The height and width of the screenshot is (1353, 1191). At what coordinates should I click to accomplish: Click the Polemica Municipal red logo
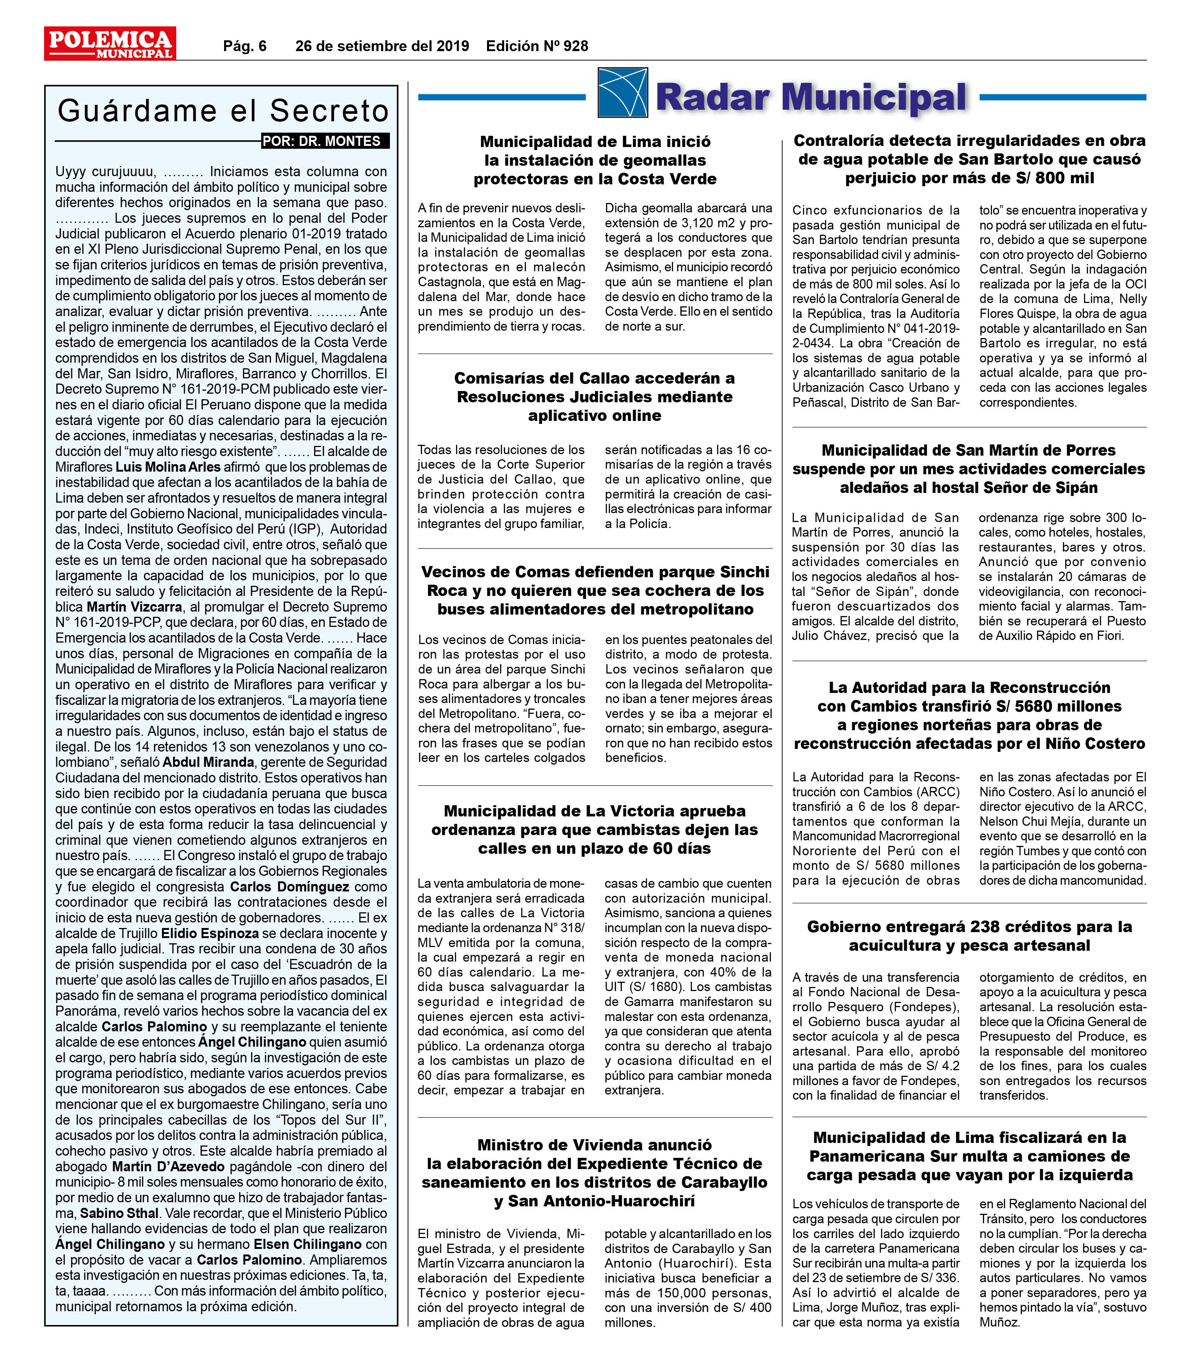[x=110, y=44]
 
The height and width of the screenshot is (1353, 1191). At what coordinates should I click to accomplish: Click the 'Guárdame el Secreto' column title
[x=223, y=111]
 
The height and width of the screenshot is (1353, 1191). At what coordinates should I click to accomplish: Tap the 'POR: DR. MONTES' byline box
[x=325, y=141]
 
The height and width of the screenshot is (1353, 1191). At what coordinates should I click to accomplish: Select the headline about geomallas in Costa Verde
[x=595, y=160]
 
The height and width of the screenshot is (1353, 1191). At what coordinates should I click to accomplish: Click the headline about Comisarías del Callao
[x=595, y=397]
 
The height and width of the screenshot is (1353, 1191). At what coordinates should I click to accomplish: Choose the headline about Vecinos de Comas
[x=595, y=590]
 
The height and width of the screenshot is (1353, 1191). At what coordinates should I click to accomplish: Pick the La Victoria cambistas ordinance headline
[x=595, y=829]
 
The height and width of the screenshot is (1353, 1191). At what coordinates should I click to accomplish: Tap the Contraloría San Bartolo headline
[x=969, y=159]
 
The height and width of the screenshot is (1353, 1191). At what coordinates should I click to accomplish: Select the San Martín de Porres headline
[x=969, y=469]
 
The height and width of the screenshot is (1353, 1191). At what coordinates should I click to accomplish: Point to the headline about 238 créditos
[x=969, y=935]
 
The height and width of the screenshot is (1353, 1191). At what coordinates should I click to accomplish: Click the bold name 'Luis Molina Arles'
[x=168, y=467]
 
